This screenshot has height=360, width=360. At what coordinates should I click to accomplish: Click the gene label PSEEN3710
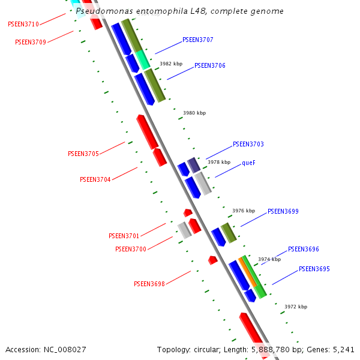[x=23, y=24]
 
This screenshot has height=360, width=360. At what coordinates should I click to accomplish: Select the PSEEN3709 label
[x=31, y=42]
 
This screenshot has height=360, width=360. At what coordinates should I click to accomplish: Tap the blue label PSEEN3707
[x=198, y=40]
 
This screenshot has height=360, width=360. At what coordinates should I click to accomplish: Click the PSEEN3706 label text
[x=210, y=65]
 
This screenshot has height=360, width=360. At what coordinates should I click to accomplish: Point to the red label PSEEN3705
[x=83, y=154]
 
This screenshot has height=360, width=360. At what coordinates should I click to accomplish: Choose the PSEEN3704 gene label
[x=95, y=179]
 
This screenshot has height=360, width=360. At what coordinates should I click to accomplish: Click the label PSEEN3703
[x=248, y=144]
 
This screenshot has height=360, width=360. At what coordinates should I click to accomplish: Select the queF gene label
[x=249, y=163]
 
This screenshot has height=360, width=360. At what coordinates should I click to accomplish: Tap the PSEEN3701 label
[x=124, y=236]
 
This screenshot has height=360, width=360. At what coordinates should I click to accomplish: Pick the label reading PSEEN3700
[x=131, y=249]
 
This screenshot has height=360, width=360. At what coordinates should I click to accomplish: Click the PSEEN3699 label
[x=283, y=211]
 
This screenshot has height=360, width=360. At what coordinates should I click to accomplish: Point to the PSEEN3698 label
[x=149, y=284]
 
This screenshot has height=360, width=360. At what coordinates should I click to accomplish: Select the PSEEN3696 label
[x=304, y=249]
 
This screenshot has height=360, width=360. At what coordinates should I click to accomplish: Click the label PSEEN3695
[x=314, y=269]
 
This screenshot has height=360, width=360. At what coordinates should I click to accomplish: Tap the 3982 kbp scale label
[x=171, y=64]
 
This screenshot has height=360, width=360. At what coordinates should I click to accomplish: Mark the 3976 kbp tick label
[x=244, y=211]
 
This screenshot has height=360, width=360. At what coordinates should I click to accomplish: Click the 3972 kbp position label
[x=296, y=307]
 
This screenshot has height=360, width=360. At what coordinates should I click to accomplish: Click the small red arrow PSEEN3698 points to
[x=212, y=260]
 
